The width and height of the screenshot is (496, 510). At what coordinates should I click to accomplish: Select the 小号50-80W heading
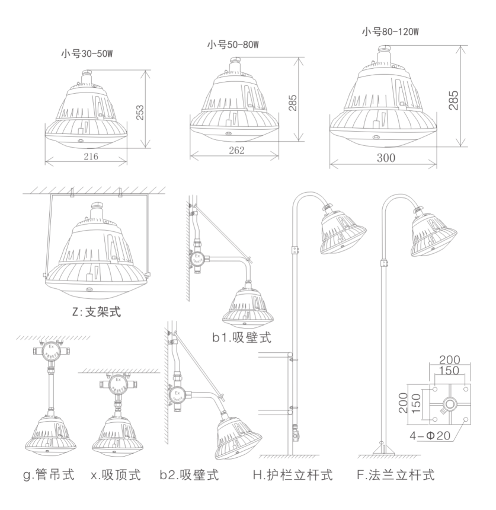(233, 44)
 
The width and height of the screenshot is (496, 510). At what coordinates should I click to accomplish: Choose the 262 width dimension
(235, 151)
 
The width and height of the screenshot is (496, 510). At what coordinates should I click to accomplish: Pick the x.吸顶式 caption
(117, 475)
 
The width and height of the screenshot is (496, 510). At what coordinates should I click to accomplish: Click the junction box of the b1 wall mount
(198, 259)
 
